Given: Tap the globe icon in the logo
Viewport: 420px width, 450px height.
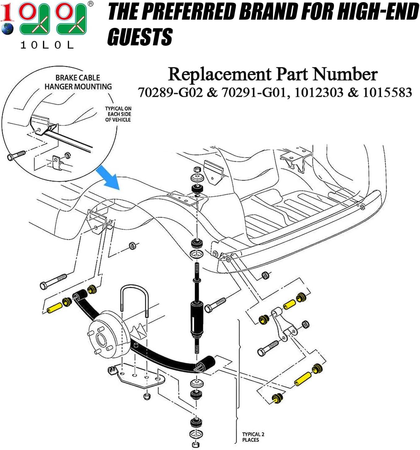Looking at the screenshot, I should (7, 28).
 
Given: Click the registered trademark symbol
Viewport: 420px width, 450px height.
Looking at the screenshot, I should (90, 4).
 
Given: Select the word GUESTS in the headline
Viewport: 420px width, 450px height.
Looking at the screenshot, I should (140, 37).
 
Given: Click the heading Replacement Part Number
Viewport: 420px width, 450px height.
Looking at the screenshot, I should (272, 74).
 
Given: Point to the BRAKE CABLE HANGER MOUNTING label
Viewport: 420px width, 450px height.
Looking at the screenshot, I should (78, 82).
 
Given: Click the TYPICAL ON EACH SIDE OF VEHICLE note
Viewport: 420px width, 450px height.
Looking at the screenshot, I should (118, 114).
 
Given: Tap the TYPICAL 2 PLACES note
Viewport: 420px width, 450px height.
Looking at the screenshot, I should (253, 437).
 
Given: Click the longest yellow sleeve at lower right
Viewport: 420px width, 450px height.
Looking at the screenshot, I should (302, 378).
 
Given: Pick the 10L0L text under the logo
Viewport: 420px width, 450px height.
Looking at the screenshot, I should (47, 45).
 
